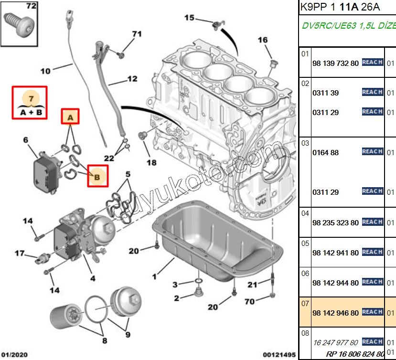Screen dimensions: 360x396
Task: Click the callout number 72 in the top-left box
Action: pos(31,6)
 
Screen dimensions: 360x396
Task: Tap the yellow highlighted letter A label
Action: pos(70,117)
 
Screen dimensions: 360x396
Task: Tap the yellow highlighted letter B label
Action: pos(97,177)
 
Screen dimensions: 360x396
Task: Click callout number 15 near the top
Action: pos(189,18)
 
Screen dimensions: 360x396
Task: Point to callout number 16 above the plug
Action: pos(263,40)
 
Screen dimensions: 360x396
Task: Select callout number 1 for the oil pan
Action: pos(154,276)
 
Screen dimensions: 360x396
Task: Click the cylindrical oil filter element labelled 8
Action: pos(64,317)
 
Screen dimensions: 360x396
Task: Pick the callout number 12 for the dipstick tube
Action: pos(132,79)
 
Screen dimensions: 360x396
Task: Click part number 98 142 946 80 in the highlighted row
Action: pos(335,313)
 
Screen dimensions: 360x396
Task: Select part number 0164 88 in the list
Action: pos(325,153)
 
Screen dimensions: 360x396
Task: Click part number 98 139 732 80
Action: pos(335,63)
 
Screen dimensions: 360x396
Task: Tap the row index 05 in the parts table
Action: pos(305,243)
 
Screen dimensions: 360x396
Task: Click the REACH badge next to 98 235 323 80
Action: pos(373,222)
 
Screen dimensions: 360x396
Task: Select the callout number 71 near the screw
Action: pos(137,34)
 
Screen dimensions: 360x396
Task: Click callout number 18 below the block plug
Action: pos(151,163)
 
